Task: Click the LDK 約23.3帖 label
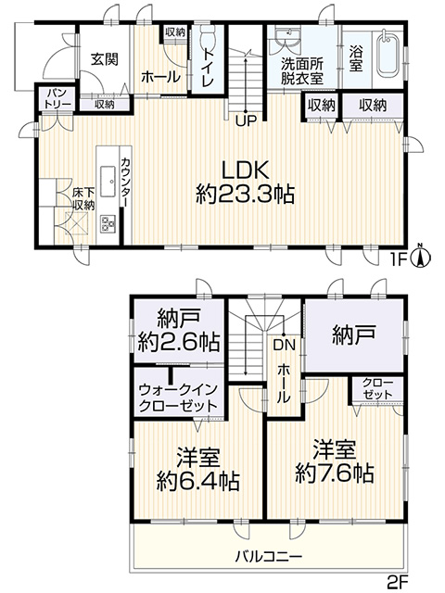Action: (245, 183)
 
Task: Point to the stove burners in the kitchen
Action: (108, 223)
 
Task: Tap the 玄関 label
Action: (105, 59)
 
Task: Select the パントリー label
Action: (57, 99)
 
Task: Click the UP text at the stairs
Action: (247, 120)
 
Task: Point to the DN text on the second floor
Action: (284, 344)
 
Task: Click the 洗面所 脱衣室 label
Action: (302, 71)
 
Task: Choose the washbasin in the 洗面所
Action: (286, 39)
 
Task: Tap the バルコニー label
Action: (269, 556)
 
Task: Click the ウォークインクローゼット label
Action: (178, 397)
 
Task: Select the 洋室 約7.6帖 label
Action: (335, 461)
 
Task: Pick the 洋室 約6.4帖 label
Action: (198, 469)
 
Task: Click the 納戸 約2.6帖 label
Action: (179, 330)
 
